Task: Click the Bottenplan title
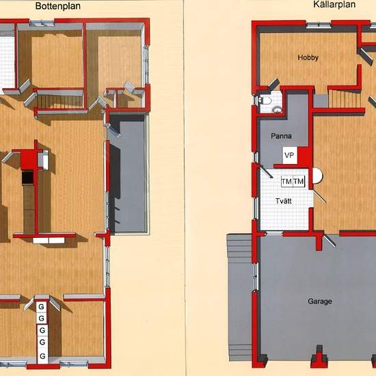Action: tap(58, 6)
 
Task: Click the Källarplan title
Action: tap(334, 5)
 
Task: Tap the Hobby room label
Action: tap(308, 57)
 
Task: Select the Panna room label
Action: tap(281, 136)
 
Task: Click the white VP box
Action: tap(290, 155)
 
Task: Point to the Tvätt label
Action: tap(284, 201)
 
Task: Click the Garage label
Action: tap(320, 301)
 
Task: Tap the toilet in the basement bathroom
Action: tap(265, 100)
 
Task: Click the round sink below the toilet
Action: tap(277, 109)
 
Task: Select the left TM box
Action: tap(287, 182)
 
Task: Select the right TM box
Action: tap(299, 182)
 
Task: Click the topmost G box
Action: tap(42, 307)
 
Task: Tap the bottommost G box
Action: tap(42, 356)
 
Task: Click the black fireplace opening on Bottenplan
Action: tap(27, 177)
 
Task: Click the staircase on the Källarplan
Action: tap(345, 98)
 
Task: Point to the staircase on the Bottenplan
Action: tap(60, 102)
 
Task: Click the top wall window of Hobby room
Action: tap(319, 25)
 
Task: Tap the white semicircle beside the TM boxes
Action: tap(318, 176)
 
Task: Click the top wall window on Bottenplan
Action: tap(42, 23)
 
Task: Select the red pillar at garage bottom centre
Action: tap(319, 356)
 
